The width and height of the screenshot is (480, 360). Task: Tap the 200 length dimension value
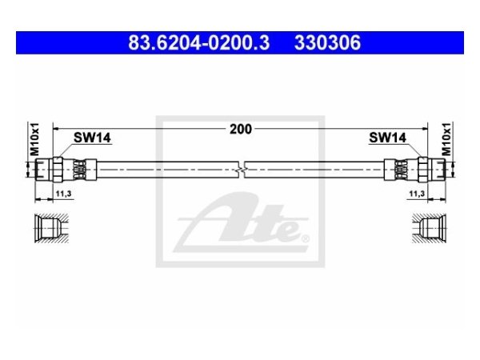240,128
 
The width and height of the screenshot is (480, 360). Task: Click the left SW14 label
92,138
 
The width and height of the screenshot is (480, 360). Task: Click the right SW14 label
387,138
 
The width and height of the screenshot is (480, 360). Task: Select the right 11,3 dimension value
417,194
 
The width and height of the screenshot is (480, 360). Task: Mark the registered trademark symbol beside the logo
302,237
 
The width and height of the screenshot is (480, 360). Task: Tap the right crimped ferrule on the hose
396,168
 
